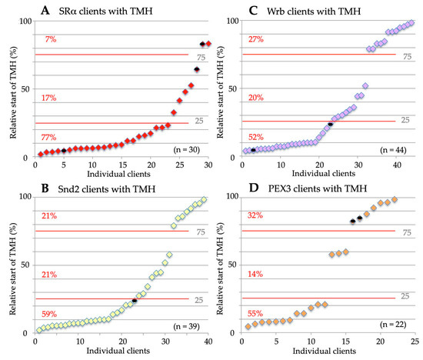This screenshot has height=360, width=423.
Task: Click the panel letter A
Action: [x=46, y=10]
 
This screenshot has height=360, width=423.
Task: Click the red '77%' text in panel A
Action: [x=48, y=137]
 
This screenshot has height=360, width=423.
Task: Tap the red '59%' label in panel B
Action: [x=48, y=314]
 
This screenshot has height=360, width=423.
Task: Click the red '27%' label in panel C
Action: [x=255, y=39]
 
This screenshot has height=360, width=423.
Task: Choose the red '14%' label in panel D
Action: [x=255, y=274]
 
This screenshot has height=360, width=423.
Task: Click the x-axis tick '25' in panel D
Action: [x=415, y=342]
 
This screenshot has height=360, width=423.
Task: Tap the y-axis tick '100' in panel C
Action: [x=228, y=21]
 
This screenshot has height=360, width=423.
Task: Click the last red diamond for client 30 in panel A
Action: [x=208, y=44]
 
